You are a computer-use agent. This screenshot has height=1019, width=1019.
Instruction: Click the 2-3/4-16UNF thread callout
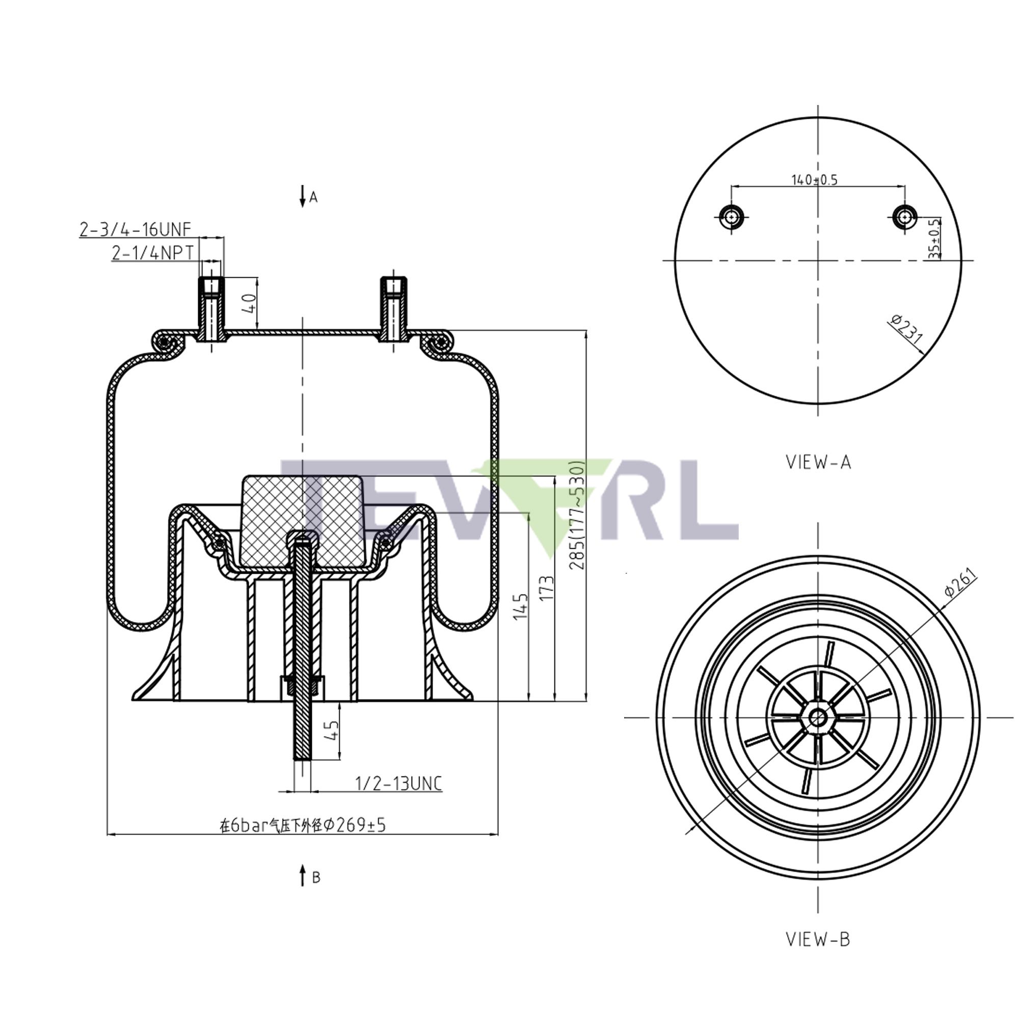click(135, 229)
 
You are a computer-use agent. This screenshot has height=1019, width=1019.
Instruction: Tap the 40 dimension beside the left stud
click(249, 303)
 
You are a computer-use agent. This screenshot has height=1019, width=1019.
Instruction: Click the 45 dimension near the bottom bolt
click(332, 731)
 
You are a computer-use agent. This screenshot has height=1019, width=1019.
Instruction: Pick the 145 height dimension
click(521, 606)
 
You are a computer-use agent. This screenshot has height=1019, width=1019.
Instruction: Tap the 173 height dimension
click(548, 587)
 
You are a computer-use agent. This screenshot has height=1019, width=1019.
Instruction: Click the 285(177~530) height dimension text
click(579, 516)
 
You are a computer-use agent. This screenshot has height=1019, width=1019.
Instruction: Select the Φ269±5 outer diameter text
click(303, 824)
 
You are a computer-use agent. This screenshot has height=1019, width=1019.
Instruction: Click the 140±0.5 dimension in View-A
click(814, 180)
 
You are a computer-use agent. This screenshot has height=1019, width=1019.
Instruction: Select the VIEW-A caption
click(818, 462)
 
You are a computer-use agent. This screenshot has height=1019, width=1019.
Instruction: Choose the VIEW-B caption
click(818, 939)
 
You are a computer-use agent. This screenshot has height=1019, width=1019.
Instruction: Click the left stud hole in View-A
click(731, 216)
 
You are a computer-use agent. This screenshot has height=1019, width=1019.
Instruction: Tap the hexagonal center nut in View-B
click(818, 717)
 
